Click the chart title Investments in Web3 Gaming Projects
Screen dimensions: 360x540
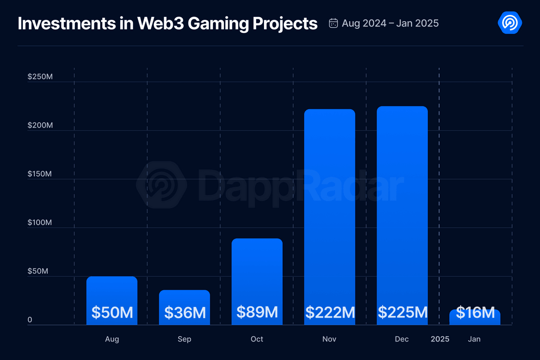167,23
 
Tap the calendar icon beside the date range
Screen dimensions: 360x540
334,23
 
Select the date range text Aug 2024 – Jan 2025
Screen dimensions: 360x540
390,23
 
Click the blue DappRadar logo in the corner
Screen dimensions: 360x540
510,23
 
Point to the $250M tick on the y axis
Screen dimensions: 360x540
40,77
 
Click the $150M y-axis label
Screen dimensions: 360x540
40,174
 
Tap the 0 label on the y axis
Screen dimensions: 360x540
30,320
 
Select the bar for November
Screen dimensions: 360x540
330,209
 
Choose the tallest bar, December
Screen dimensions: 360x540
402,209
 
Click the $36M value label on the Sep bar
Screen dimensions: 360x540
185,313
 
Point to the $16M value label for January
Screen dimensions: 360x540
475,313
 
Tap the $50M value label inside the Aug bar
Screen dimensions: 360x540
112,313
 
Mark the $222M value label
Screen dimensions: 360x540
330,313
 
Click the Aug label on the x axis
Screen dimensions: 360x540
112,339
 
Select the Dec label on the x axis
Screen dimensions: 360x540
402,339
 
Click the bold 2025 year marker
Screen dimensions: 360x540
440,339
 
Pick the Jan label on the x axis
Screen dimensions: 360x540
474,339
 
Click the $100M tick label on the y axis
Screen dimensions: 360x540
40,223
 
